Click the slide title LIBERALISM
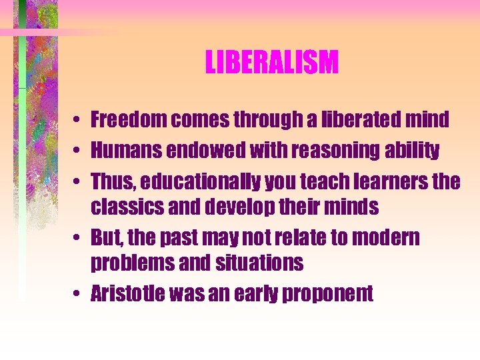[272, 63]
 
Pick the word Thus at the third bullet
[109, 181]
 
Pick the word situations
[260, 263]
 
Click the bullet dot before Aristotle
[78, 294]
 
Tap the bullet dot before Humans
[78, 151]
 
